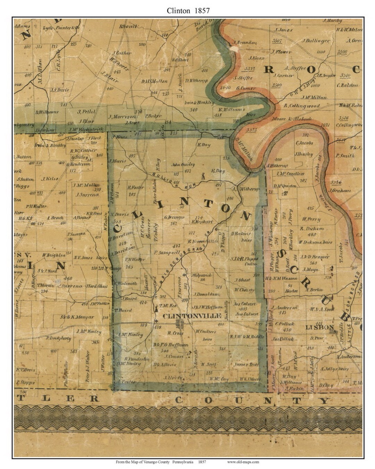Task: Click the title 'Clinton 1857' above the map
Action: pyautogui.click(x=188, y=10)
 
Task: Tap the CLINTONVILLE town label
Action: pyautogui.click(x=192, y=316)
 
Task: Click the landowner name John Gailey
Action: pyautogui.click(x=183, y=165)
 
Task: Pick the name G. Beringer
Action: pyautogui.click(x=174, y=217)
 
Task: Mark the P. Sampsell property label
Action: pyautogui.click(x=167, y=253)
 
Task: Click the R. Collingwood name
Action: pyautogui.click(x=301, y=106)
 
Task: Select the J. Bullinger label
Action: pyautogui.click(x=316, y=41)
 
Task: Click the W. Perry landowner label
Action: pyautogui.click(x=311, y=219)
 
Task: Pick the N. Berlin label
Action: pyautogui.click(x=314, y=289)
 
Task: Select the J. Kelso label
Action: pyautogui.click(x=49, y=179)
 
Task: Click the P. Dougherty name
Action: pyautogui.click(x=59, y=338)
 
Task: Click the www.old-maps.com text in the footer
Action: pyautogui.click(x=243, y=462)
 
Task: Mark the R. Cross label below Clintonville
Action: pyautogui.click(x=175, y=333)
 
